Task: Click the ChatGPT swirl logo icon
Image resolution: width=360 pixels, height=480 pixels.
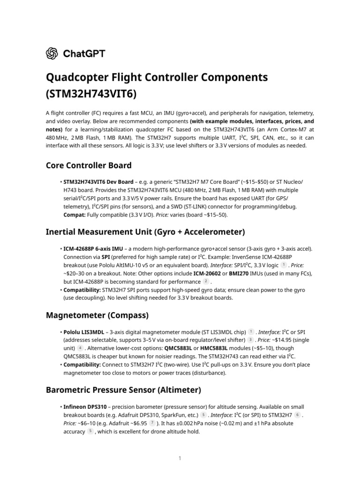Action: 52,53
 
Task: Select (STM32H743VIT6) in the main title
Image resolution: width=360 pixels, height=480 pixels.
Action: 91,94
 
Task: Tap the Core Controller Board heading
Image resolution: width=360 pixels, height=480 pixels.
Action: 89,165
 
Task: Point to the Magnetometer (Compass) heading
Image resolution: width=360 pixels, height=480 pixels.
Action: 97,315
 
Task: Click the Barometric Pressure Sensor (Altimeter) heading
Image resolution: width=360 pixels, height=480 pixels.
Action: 123,390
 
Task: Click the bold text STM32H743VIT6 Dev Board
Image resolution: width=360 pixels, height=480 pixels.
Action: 98,181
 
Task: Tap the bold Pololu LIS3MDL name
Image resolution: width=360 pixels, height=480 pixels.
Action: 84,332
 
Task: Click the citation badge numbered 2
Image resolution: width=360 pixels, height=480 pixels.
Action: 206,281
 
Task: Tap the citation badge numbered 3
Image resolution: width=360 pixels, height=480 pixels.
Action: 251,340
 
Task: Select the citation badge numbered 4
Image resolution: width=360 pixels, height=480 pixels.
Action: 80,348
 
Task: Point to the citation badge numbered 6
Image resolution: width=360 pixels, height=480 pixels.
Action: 298,415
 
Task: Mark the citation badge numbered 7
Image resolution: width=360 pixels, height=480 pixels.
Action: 152,423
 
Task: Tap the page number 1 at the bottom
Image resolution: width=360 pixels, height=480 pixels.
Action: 180,458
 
